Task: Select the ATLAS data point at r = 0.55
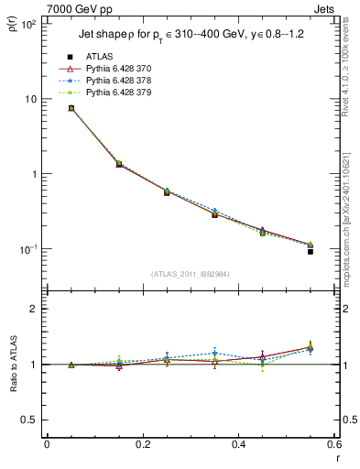(x=311, y=251)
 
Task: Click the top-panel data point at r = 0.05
(x=71, y=108)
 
